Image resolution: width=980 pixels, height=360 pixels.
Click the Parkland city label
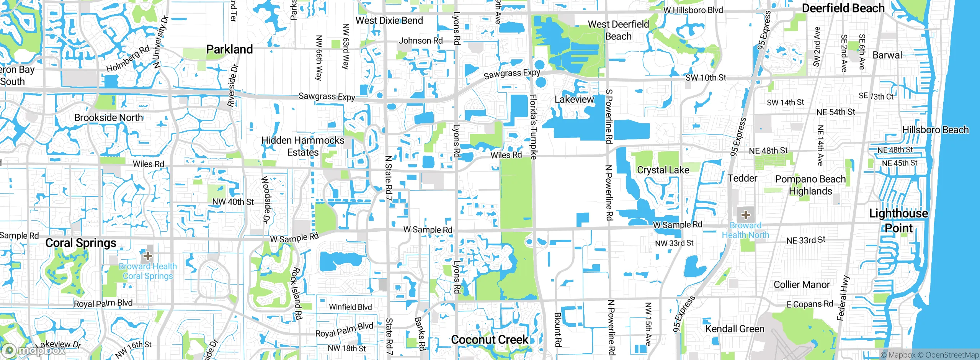229,49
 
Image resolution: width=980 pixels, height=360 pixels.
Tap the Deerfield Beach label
843,8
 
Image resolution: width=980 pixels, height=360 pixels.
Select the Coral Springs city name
81,243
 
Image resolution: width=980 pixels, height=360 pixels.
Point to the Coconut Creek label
490,340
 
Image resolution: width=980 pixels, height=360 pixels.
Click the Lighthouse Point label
898,221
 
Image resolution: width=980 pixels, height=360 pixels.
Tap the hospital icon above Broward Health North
745,214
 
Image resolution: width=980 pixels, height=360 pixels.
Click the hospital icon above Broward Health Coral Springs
148,255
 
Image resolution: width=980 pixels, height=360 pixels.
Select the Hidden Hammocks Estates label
303,146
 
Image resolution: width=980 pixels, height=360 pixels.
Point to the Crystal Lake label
663,170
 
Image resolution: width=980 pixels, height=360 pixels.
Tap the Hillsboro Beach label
935,130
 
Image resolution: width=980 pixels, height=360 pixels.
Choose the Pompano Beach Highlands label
810,185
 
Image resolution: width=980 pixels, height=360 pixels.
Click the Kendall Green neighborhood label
735,329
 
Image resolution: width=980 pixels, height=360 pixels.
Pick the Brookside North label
109,118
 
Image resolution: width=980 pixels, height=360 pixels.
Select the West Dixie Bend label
389,21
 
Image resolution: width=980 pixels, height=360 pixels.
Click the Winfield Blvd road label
350,307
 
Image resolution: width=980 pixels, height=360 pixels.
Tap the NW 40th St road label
233,202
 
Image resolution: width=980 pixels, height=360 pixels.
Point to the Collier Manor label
802,285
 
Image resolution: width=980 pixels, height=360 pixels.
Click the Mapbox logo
34,350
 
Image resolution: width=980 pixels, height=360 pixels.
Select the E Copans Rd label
810,304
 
